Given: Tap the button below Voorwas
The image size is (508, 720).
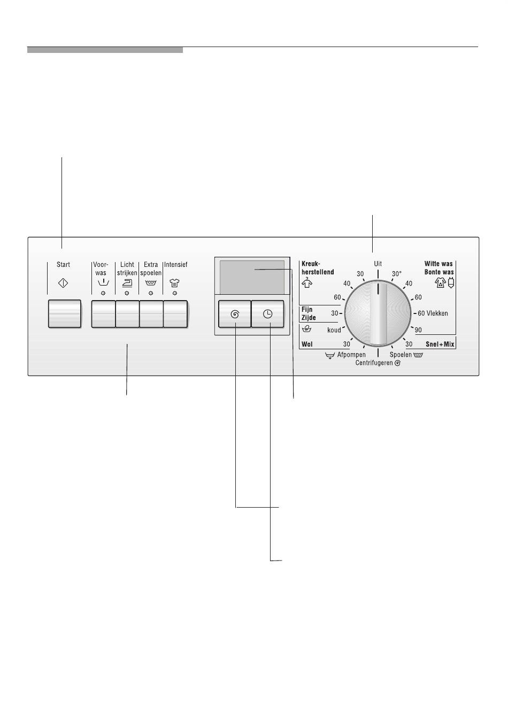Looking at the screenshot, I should pos(103,313).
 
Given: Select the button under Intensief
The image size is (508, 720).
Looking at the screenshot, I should pos(175,313).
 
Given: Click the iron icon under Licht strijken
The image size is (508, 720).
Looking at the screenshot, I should pos(127,284).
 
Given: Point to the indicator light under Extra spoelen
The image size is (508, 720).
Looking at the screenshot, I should pos(151,293).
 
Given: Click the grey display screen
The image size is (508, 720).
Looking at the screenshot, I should pos(252,277).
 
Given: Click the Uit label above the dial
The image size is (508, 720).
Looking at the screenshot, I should pos(378,264).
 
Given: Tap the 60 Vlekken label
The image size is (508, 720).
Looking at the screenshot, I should pos(433,313).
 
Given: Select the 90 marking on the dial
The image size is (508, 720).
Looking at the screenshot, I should pos(418,330).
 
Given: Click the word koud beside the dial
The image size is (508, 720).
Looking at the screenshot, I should pos(334,330).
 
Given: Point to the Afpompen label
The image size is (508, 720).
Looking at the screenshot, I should pos(351,355).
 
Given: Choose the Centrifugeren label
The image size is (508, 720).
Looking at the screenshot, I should pos(374,363).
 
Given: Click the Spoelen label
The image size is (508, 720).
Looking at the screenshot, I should pos(401,355).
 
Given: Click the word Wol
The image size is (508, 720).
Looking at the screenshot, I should pos(307,344).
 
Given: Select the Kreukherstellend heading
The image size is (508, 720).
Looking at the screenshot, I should pos(318,267).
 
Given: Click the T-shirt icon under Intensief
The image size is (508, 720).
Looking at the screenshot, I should pos(174,284).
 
